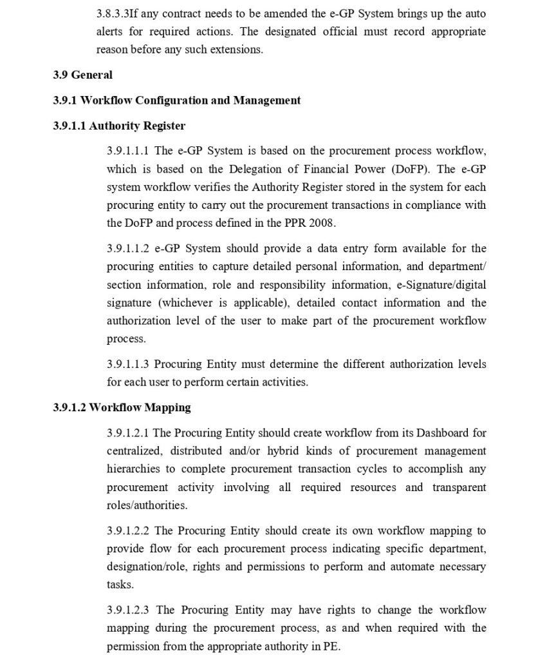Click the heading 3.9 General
pyautogui.click(x=82, y=75)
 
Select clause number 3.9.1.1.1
pyautogui.click(x=128, y=151)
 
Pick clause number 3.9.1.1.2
pyautogui.click(x=128, y=249)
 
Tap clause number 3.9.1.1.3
pyautogui.click(x=128, y=364)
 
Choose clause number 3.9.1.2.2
pyautogui.click(x=128, y=531)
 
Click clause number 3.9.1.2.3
pyautogui.click(x=128, y=610)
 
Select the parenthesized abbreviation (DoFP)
pyautogui.click(x=409, y=170)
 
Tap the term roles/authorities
pyautogui.click(x=147, y=505)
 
